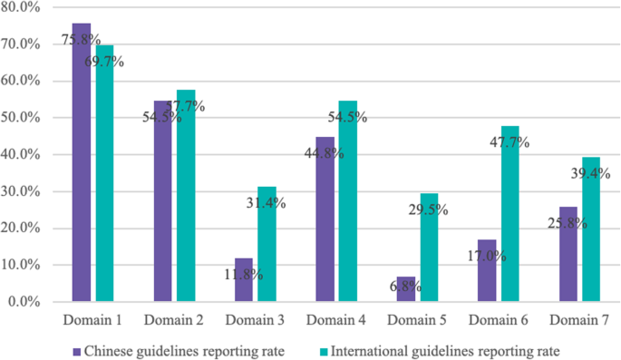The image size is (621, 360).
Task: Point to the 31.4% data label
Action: tap(267, 203)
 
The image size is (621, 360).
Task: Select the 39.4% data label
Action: tap(590, 173)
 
